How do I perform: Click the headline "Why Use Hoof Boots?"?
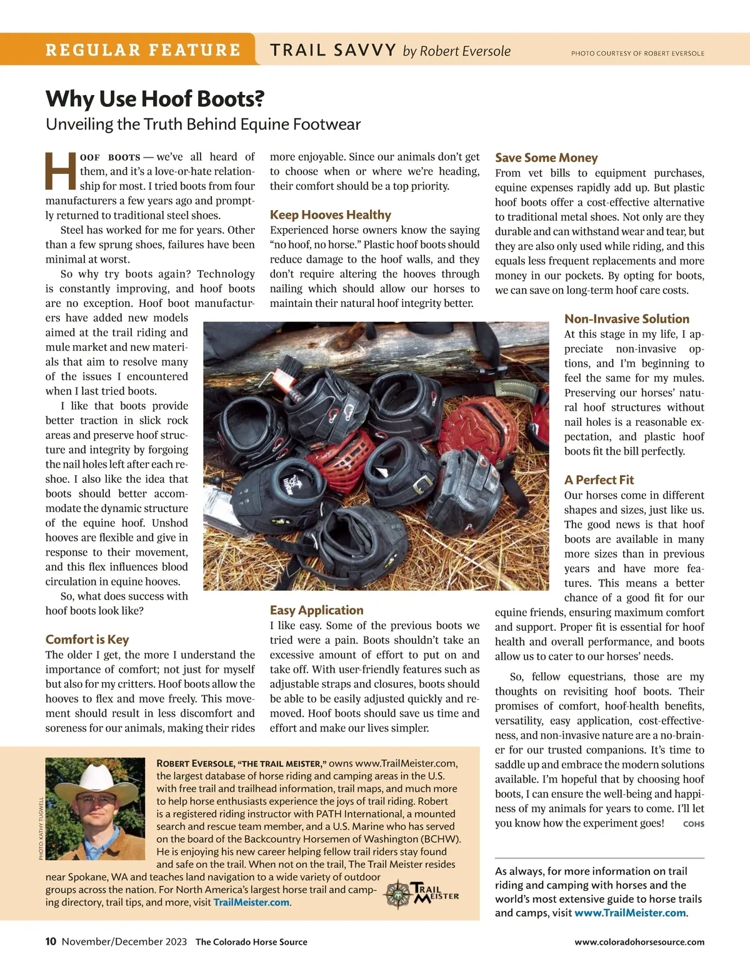click(155, 99)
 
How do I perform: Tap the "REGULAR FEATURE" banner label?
click(142, 50)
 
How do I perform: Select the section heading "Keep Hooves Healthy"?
click(330, 215)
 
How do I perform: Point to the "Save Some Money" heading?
click(546, 158)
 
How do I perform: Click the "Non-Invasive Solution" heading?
click(626, 319)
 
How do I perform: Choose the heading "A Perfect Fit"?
click(599, 480)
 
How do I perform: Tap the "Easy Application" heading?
click(316, 610)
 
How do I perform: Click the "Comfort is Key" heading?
click(87, 640)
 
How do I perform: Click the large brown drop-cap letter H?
click(61, 171)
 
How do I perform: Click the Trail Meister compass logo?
click(398, 894)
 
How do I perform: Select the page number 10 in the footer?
click(51, 942)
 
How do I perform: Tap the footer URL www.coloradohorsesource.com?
click(639, 942)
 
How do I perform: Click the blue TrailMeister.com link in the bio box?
click(251, 902)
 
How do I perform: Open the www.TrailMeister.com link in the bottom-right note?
click(630, 913)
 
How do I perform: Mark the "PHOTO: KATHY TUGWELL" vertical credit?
click(41, 828)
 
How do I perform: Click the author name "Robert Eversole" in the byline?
click(465, 51)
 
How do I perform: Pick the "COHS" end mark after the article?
click(693, 824)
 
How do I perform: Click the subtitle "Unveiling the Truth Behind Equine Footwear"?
click(203, 124)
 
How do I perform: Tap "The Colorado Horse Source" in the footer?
click(251, 942)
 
